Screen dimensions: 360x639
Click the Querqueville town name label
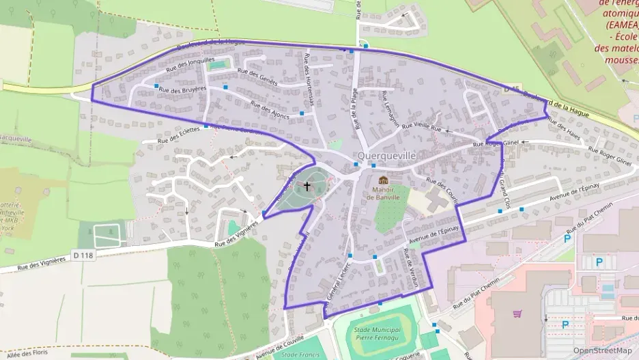pos(386,156)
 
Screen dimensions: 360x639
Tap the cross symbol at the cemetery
pos(307,185)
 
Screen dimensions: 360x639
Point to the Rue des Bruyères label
pos(182,89)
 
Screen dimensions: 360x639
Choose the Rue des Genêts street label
pos(257,76)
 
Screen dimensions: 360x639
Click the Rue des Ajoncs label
pos(270,110)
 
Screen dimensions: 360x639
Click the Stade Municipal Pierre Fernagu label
pos(378,333)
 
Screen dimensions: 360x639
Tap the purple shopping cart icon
pos(517,314)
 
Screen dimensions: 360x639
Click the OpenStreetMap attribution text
pos(602,350)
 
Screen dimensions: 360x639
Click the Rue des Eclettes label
pos(178,134)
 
